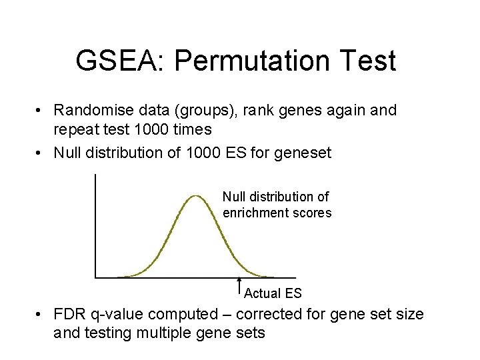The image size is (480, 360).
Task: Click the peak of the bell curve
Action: coord(195,195)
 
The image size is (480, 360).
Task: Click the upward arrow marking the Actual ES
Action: coord(239,285)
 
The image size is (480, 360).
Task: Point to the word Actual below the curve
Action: coord(263,293)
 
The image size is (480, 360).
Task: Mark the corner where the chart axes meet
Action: coord(96,277)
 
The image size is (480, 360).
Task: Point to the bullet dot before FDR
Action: coord(41,315)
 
